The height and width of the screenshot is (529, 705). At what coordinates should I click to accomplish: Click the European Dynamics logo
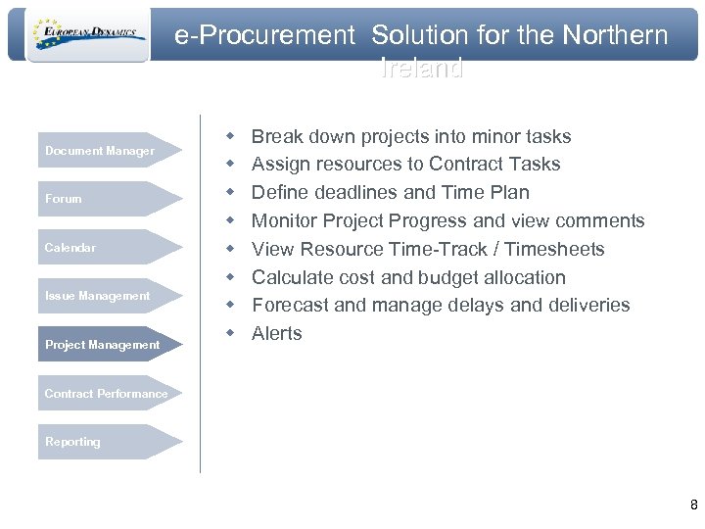87,35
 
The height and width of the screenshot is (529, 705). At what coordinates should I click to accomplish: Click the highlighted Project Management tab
103,345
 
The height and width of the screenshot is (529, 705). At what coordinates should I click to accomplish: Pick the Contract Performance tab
106,394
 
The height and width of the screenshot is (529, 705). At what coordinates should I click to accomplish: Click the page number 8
693,505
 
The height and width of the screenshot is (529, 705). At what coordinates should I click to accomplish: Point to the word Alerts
277,333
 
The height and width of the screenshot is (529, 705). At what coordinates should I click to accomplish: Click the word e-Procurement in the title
265,36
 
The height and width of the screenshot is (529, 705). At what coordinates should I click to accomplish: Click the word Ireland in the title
421,70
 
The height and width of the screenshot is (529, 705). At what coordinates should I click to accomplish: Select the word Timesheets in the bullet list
559,249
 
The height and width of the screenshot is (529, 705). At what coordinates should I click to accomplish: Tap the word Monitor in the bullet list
286,220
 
